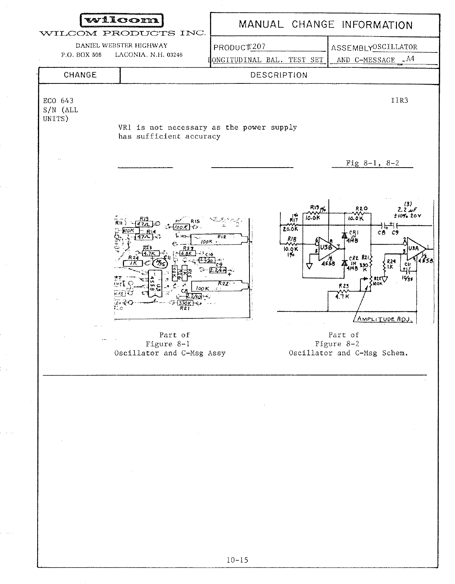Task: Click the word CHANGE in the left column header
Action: (x=80, y=75)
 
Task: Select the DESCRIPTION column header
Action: (x=279, y=75)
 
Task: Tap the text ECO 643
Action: (x=58, y=101)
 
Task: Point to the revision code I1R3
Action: (x=400, y=100)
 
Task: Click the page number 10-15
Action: (x=237, y=560)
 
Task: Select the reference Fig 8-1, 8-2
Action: (x=372, y=163)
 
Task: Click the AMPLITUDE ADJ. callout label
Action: (x=384, y=319)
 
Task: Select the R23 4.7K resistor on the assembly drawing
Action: (x=150, y=254)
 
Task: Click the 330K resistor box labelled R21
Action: (x=185, y=303)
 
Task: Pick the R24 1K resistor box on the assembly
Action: (x=133, y=263)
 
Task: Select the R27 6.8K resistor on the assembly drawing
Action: (x=187, y=253)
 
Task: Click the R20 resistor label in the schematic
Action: (x=361, y=209)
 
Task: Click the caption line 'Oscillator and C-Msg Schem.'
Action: (x=348, y=353)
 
